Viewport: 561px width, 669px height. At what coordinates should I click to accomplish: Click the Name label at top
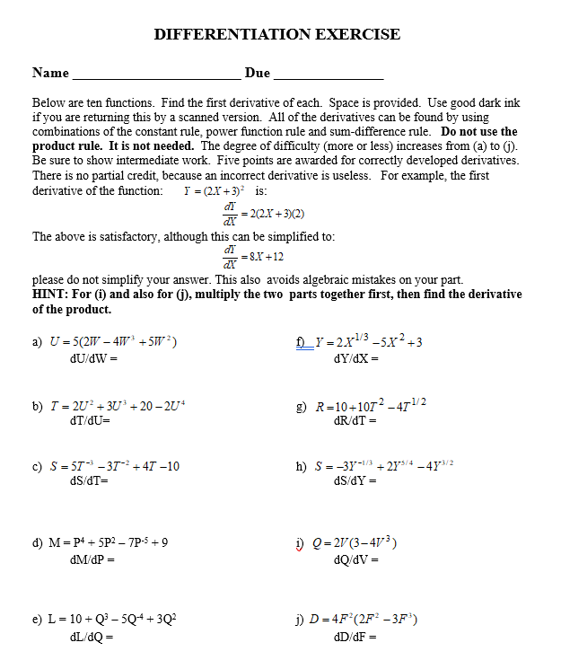click(50, 73)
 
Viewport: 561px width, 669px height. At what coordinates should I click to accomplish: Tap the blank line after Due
click(328, 75)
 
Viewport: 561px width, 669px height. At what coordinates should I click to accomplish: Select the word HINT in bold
click(52, 295)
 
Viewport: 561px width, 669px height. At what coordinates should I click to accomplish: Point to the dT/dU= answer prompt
click(90, 420)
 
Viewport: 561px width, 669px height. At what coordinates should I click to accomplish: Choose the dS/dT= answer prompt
click(89, 480)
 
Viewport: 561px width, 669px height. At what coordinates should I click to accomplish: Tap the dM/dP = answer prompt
click(92, 559)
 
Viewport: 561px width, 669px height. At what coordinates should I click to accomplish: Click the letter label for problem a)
click(38, 342)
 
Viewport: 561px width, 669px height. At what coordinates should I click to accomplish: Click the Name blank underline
click(157, 75)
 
